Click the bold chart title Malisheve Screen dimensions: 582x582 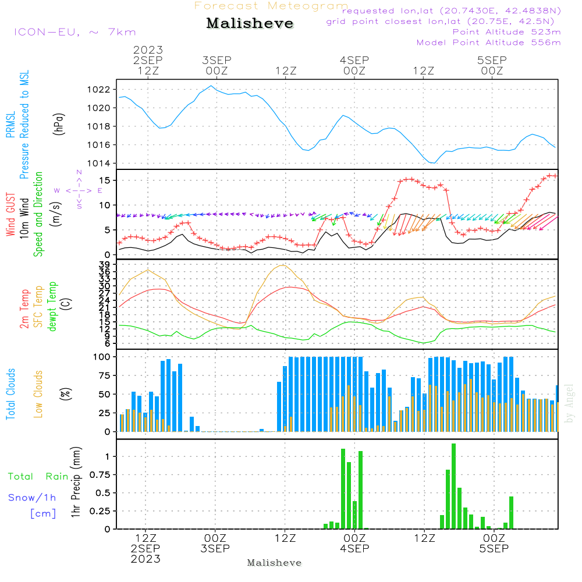[250, 24]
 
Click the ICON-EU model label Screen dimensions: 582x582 [74, 32]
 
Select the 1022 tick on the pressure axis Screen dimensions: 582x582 [100, 90]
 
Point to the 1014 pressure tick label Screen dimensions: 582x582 [100, 164]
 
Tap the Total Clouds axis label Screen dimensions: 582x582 [11, 394]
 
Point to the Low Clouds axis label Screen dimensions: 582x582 [39, 394]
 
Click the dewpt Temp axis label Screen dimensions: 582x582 [53, 306]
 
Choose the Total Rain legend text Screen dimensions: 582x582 [38, 477]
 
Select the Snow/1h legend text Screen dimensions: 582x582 [32, 498]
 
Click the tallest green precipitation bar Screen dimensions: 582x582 [453, 486]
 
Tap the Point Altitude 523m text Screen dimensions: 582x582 [506, 32]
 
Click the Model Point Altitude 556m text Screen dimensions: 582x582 [489, 42]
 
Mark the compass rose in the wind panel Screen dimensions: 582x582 [79, 190]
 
